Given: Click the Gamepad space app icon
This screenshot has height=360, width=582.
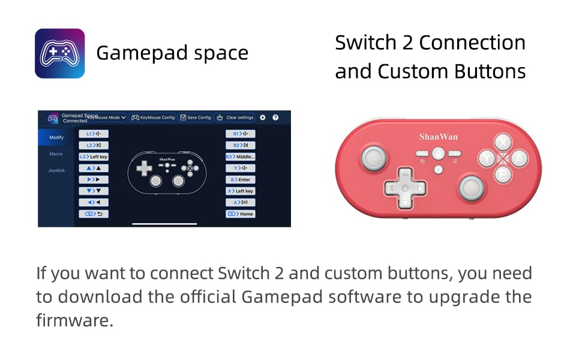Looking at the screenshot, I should [x=59, y=53].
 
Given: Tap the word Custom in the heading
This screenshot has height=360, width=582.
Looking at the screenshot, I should [x=405, y=71].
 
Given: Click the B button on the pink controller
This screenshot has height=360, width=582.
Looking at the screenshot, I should [x=503, y=175].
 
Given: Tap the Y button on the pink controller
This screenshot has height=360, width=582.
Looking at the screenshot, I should [x=487, y=158].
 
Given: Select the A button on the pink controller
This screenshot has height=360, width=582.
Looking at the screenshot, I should [x=519, y=158].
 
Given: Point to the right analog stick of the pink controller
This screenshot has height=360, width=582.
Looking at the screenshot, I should [x=472, y=187].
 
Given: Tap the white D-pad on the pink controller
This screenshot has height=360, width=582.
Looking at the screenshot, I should [x=405, y=188].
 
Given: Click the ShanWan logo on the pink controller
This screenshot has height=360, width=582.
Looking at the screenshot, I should [x=438, y=137].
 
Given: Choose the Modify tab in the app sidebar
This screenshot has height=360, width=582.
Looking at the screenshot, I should [x=56, y=137].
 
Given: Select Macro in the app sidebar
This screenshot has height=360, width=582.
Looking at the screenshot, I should [x=56, y=154].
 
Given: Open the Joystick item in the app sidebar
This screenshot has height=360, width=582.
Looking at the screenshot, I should [x=56, y=170].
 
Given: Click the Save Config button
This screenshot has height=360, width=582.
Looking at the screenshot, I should [x=196, y=118].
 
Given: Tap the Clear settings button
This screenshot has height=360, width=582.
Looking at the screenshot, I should [x=235, y=118].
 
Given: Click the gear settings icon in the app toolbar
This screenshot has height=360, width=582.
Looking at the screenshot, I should [x=263, y=118].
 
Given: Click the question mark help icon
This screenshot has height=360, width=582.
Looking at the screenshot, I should [x=275, y=118].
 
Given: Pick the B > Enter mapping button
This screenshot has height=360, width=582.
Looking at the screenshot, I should [x=241, y=179].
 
